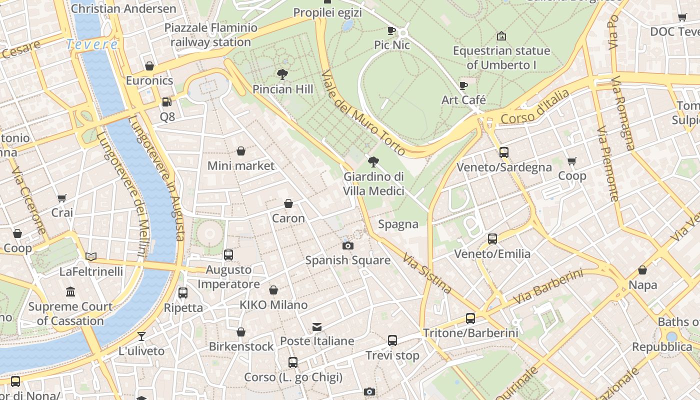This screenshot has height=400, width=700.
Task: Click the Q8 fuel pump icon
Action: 167,102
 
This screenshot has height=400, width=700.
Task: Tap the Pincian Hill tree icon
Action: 282,74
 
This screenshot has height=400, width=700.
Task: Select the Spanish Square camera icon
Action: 347,245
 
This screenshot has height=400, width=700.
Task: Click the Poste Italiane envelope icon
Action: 317,326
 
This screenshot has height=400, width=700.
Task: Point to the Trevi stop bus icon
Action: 392,340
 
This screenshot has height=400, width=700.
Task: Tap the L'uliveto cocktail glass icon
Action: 141,336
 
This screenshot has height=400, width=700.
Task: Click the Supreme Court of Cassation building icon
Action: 70,291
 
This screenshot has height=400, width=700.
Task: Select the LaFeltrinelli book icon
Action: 91,256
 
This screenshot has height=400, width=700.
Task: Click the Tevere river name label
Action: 92,44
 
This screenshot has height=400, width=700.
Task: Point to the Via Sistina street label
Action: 427,272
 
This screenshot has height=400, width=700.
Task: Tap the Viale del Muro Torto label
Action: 363,112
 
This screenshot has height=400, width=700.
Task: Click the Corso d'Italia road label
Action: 535,107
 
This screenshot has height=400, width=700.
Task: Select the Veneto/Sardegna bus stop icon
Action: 504,152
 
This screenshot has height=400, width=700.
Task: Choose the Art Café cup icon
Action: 463,85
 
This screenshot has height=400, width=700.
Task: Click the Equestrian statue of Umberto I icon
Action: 501,36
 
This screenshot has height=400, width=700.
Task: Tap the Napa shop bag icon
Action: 642,270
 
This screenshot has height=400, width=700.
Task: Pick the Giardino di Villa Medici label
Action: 373,183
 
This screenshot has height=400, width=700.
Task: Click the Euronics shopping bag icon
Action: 149,65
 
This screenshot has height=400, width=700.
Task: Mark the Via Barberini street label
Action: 548,286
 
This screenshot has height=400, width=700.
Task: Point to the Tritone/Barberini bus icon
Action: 470,318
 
